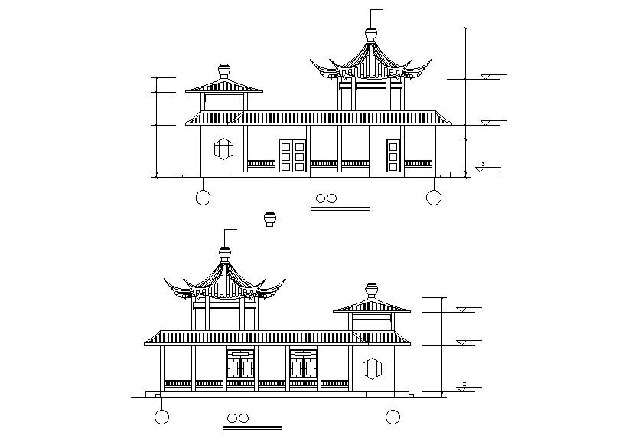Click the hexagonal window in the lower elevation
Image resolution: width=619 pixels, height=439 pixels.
373,368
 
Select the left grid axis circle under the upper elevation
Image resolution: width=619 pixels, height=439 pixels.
203,198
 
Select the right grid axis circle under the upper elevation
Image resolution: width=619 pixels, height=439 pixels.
434,198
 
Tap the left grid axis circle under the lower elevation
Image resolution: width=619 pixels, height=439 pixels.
161,417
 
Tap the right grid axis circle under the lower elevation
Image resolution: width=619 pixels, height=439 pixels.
393,417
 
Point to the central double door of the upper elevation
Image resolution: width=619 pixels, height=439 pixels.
292,156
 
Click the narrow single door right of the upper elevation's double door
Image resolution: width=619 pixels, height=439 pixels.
393,156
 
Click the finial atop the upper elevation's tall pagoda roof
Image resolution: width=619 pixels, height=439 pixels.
371,34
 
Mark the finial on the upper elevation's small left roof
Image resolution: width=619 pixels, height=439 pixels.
223,71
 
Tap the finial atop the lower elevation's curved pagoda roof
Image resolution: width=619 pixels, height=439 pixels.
225,253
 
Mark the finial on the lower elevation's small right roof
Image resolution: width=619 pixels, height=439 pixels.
372,291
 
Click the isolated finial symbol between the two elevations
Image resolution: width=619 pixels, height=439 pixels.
269,219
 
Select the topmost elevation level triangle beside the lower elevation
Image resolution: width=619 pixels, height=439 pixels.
462,310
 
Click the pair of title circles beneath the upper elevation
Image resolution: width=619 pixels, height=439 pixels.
327,198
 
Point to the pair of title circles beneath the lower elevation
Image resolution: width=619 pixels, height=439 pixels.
238,418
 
